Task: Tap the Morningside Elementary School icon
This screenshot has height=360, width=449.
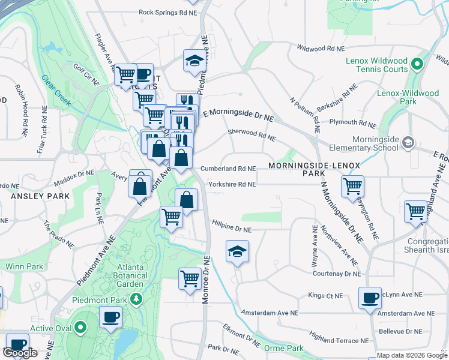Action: (x=408, y=143)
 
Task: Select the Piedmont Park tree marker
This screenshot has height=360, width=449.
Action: (x=137, y=298)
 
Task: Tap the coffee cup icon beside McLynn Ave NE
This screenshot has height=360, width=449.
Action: (x=370, y=298)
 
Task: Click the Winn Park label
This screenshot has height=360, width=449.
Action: (x=24, y=266)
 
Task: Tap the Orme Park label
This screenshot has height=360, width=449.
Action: (x=283, y=348)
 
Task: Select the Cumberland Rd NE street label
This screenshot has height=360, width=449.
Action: (x=228, y=169)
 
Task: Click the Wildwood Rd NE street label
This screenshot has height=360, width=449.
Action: (x=321, y=48)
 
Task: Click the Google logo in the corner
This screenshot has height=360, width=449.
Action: (x=20, y=353)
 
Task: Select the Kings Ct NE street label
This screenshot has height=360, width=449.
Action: (x=325, y=296)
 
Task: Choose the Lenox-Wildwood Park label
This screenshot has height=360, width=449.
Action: (x=408, y=98)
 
